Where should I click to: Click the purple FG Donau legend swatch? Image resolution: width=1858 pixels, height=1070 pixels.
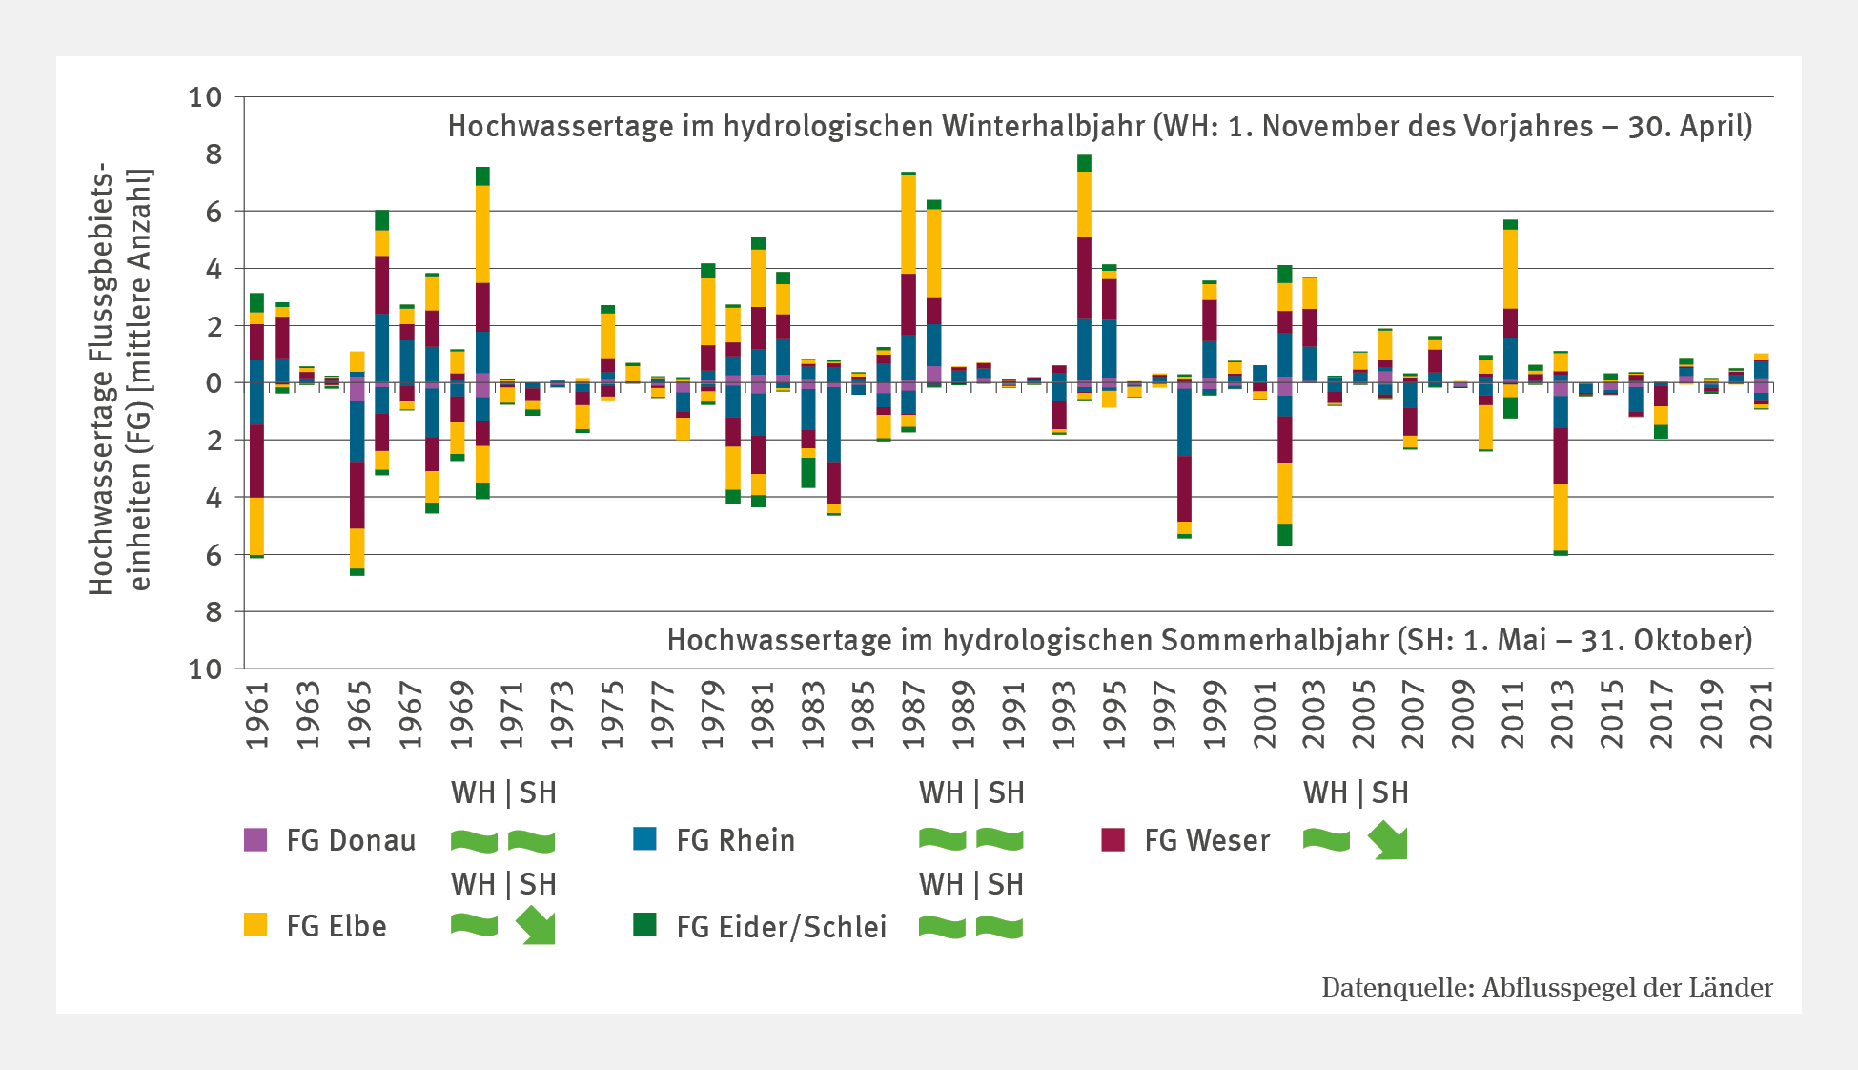(255, 839)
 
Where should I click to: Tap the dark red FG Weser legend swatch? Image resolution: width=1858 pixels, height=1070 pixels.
(1113, 839)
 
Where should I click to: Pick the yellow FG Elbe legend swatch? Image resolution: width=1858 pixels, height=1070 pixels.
(255, 924)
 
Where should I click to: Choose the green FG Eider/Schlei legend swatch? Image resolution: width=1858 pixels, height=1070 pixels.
(644, 924)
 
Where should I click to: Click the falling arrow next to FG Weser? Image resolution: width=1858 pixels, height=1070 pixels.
(1388, 841)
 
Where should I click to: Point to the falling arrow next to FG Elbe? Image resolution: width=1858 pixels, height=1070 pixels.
(536, 926)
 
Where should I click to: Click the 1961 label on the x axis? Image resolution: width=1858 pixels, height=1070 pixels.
(257, 714)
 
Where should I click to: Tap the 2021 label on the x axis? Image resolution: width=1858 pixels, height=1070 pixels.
(1762, 714)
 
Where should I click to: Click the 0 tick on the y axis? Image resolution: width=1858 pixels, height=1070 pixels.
(214, 383)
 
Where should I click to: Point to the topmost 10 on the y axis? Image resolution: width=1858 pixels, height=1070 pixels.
(205, 97)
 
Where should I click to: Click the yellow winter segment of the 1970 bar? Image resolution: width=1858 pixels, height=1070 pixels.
(482, 234)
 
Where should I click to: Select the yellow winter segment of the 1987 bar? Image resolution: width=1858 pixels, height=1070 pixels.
(909, 224)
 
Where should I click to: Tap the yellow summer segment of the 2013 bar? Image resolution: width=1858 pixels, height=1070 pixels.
(1561, 517)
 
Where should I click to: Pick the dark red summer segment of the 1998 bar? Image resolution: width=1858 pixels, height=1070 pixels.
(1184, 488)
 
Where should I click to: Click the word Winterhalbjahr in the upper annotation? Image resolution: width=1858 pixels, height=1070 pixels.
(1043, 127)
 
